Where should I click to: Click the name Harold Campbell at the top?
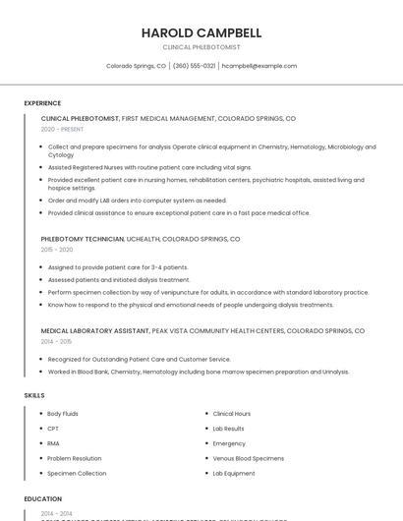(x=201, y=32)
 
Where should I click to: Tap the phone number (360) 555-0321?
(x=194, y=66)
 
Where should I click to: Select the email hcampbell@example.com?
(x=259, y=66)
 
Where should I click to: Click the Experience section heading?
(x=42, y=103)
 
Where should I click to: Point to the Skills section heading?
(x=34, y=395)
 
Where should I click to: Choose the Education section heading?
(x=42, y=499)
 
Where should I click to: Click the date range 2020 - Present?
(x=62, y=129)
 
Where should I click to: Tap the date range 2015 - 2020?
(x=57, y=250)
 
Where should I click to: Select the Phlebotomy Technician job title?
(x=83, y=239)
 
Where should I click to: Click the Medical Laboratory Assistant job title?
(x=94, y=331)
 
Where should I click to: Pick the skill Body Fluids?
(x=63, y=414)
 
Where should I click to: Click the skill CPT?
(x=53, y=429)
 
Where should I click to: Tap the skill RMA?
(x=53, y=443)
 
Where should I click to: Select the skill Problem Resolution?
(x=74, y=458)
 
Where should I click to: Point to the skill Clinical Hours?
(x=232, y=414)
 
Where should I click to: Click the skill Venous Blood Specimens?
(x=248, y=458)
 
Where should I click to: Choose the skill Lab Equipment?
(x=234, y=473)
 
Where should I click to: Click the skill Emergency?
(x=229, y=443)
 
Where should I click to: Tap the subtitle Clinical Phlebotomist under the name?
(x=201, y=46)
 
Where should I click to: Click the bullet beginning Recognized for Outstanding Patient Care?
(x=139, y=360)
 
